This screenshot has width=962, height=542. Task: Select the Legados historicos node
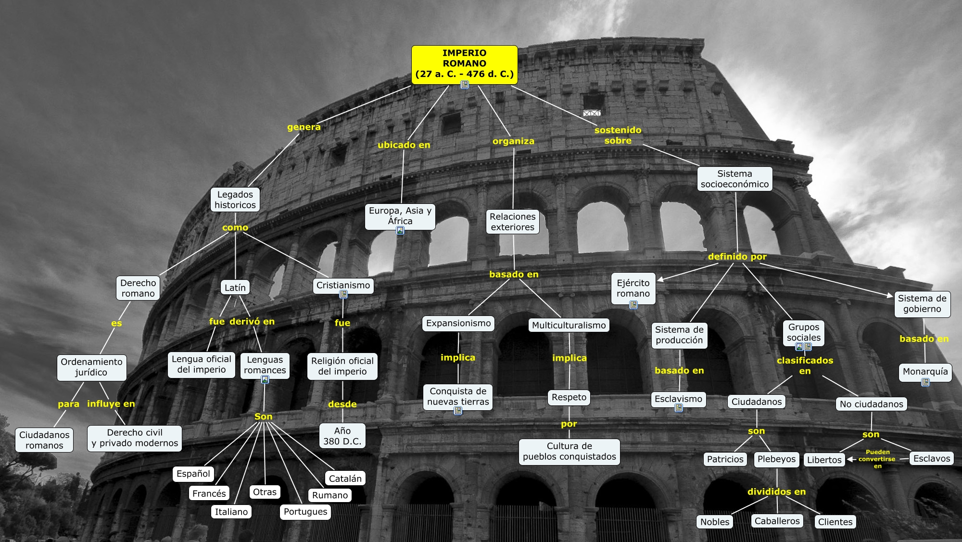[235, 200]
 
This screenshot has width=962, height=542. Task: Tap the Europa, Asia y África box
[400, 216]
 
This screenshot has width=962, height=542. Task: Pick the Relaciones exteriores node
[512, 222]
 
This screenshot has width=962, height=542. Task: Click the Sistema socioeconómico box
[734, 179]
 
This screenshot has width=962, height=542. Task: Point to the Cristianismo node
[343, 285]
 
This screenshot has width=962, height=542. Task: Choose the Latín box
[235, 288]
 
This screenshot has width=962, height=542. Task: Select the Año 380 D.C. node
[342, 436]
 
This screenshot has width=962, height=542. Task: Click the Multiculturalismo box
[569, 325]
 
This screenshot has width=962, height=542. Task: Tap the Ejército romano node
[633, 288]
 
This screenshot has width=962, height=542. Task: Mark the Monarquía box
[925, 371]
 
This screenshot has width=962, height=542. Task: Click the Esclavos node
[932, 458]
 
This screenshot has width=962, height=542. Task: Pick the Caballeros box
[777, 521]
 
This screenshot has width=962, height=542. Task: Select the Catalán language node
[345, 478]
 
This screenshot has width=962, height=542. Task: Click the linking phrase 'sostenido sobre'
[618, 135]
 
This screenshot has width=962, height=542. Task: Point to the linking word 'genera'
[304, 127]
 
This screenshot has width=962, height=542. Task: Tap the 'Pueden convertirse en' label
[877, 459]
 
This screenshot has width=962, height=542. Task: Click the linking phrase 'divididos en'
[776, 492]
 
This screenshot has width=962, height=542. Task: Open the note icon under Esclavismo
[679, 408]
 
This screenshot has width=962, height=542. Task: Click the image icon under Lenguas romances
[265, 380]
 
